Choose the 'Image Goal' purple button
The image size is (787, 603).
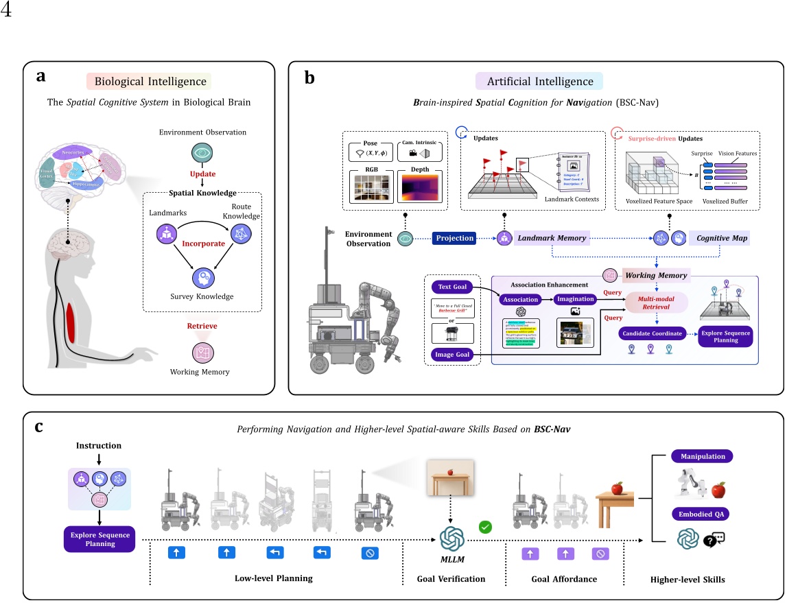(x=451, y=354)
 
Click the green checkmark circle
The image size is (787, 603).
(x=485, y=528)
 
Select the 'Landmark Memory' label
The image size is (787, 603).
(x=552, y=237)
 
